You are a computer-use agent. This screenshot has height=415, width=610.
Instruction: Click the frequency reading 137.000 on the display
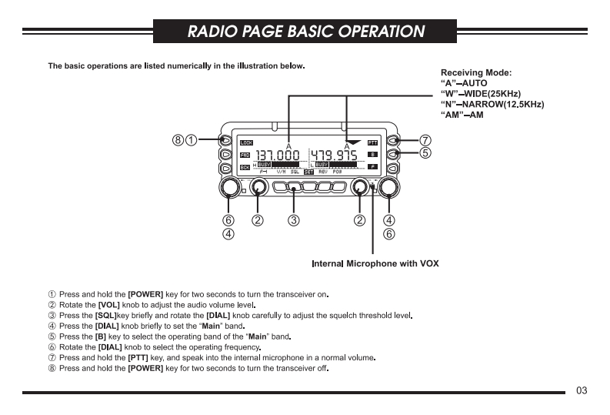coord(278,156)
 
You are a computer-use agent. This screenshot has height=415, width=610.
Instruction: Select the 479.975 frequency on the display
coord(334,156)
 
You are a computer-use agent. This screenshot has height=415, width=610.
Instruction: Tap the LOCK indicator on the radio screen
coord(246,142)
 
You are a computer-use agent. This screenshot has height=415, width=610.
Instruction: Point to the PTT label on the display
coord(372,142)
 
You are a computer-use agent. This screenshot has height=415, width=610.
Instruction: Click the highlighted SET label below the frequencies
coord(308,172)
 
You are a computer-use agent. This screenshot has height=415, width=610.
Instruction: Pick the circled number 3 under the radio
coord(293,221)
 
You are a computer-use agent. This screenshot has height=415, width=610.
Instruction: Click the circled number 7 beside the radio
coord(425,141)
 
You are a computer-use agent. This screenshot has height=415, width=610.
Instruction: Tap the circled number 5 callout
coord(425,152)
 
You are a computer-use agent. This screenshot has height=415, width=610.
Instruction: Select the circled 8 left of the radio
coord(178,141)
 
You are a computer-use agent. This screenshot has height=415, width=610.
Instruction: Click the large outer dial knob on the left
coord(228,188)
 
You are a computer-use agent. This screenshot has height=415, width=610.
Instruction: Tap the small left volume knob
coord(258,188)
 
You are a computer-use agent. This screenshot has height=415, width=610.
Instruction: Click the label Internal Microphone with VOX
coord(375,264)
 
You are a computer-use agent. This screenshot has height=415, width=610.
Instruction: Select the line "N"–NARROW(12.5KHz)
coord(492,104)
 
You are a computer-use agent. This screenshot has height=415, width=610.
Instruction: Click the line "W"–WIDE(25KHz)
coord(482,93)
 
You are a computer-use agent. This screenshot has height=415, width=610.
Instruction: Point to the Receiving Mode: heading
coord(476,72)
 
